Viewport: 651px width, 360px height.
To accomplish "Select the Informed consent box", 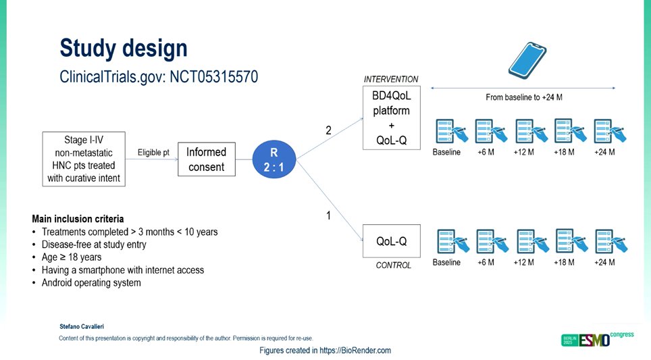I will click(x=206, y=159).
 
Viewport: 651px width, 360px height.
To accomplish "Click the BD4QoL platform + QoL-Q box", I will click(x=392, y=120).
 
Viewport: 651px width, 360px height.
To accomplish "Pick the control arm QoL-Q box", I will click(x=392, y=240).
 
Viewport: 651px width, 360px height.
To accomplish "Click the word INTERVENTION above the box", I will click(x=391, y=79).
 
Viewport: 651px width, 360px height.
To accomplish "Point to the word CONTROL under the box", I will click(x=393, y=265).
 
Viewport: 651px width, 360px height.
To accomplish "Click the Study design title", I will click(x=123, y=49).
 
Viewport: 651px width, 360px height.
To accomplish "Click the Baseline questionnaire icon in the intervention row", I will click(x=447, y=130).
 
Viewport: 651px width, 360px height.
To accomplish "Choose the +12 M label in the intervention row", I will click(x=525, y=152).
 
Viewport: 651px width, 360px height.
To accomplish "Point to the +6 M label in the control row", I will click(x=486, y=262).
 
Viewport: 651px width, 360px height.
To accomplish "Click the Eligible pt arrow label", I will click(x=153, y=153).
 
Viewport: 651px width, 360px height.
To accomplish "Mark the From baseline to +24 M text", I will click(x=523, y=97).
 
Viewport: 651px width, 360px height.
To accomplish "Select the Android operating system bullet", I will click(x=91, y=282).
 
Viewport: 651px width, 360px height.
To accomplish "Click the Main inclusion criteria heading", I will click(x=78, y=219).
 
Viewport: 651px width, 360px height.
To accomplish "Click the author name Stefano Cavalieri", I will click(x=82, y=326).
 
